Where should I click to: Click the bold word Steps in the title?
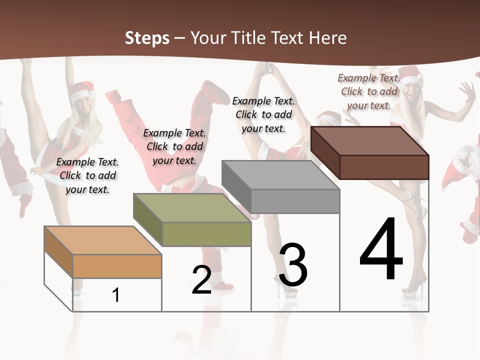coord(147,38)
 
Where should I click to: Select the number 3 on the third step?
coord(292,265)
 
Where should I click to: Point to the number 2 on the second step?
coord(201,280)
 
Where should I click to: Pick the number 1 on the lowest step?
coord(115,295)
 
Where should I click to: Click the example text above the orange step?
coord(87,175)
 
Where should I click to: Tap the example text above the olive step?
coord(174,146)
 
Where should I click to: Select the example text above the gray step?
coord(263,114)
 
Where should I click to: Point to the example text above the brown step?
coord(369,91)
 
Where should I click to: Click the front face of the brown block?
coord(384,167)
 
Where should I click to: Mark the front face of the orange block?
coord(117,266)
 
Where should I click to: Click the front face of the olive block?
coord(206,234)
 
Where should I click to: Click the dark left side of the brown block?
coord(325,152)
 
